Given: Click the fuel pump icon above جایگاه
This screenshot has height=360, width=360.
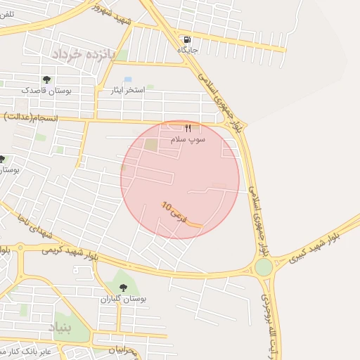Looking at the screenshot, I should (x=187, y=39).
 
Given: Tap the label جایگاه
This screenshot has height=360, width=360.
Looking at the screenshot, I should (x=187, y=50).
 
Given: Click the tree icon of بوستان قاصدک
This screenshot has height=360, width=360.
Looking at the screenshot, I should (x=46, y=79).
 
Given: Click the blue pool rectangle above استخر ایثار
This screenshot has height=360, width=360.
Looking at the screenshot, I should (x=127, y=79).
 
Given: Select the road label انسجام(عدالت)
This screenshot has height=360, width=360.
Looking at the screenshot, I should (x=20, y=115).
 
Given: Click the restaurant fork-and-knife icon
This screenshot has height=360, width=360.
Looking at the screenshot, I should (x=188, y=129).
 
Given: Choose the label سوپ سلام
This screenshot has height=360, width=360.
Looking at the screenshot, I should (x=188, y=140).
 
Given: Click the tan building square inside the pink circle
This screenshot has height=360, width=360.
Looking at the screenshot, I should (x=151, y=144).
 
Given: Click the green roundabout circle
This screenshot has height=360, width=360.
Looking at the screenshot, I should (x=264, y=267).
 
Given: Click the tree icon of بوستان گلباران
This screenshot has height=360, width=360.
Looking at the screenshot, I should (x=124, y=288).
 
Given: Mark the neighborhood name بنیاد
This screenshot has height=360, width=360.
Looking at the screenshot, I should (x=60, y=326).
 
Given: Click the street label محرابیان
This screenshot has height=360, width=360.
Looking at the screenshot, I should (x=127, y=349).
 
